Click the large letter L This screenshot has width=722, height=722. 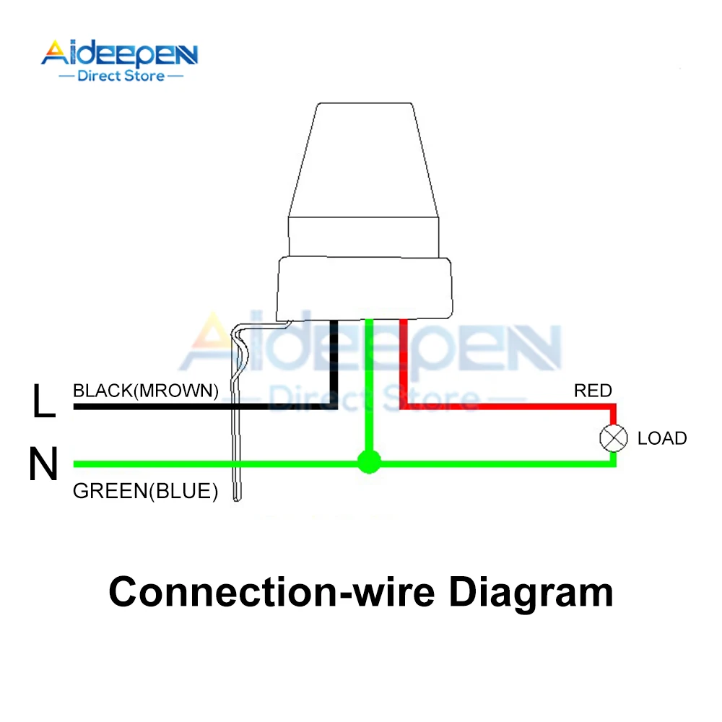tap(43, 403)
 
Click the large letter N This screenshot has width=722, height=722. tap(43, 465)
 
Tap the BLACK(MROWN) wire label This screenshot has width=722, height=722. tap(145, 391)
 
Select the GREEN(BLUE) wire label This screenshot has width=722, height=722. tap(145, 492)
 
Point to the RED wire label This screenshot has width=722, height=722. tap(593, 391)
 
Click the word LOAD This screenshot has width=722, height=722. tap(662, 438)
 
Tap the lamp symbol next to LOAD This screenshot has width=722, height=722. tap(613, 438)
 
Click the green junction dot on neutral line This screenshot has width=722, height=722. tap(369, 462)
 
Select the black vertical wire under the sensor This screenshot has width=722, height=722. tap(334, 361)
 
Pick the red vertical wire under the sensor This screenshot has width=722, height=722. tap(403, 361)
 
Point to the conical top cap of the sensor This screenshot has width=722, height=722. tap(365, 159)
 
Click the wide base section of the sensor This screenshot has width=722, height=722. tap(365, 289)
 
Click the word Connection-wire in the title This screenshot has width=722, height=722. tap(271, 592)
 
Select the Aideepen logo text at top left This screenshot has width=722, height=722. tap(119, 54)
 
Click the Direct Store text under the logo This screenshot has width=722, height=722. tap(121, 76)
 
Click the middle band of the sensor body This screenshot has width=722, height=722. tap(365, 235)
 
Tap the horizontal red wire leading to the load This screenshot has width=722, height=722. tap(505, 408)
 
